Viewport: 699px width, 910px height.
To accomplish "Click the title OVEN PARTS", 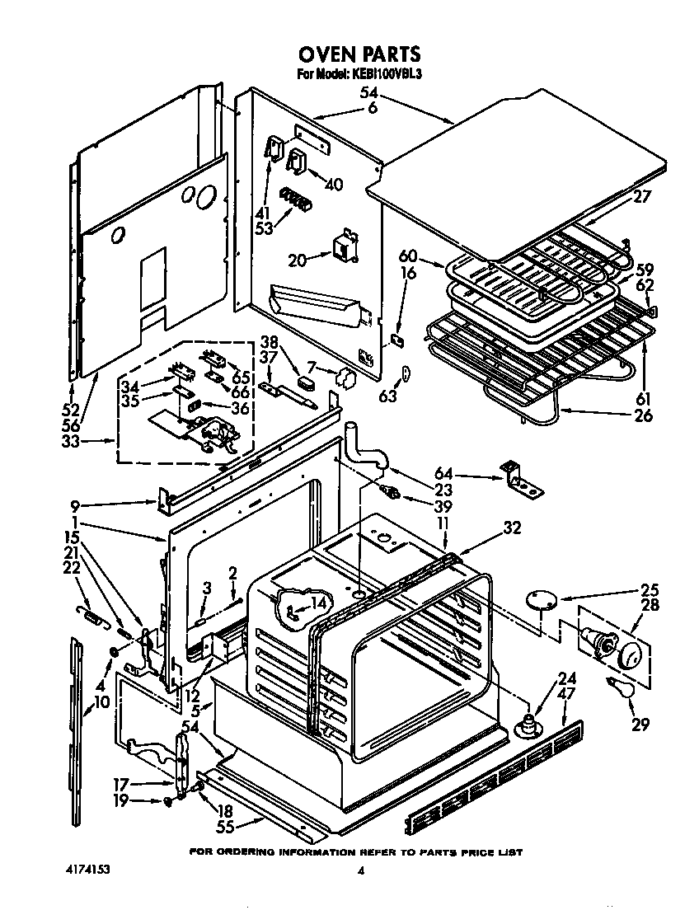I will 359,54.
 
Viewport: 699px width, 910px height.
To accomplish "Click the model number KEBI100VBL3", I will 388,74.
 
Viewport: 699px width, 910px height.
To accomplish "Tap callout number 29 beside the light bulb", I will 640,725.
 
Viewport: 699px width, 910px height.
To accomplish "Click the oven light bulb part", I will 620,689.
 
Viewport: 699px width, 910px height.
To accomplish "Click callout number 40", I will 333,185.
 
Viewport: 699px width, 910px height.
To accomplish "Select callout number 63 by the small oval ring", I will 388,396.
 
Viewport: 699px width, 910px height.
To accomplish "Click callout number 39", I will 424,505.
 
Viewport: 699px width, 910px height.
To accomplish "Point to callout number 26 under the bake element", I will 643,416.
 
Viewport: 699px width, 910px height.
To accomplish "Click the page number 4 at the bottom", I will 360,870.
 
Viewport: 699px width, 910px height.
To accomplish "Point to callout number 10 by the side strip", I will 102,702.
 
